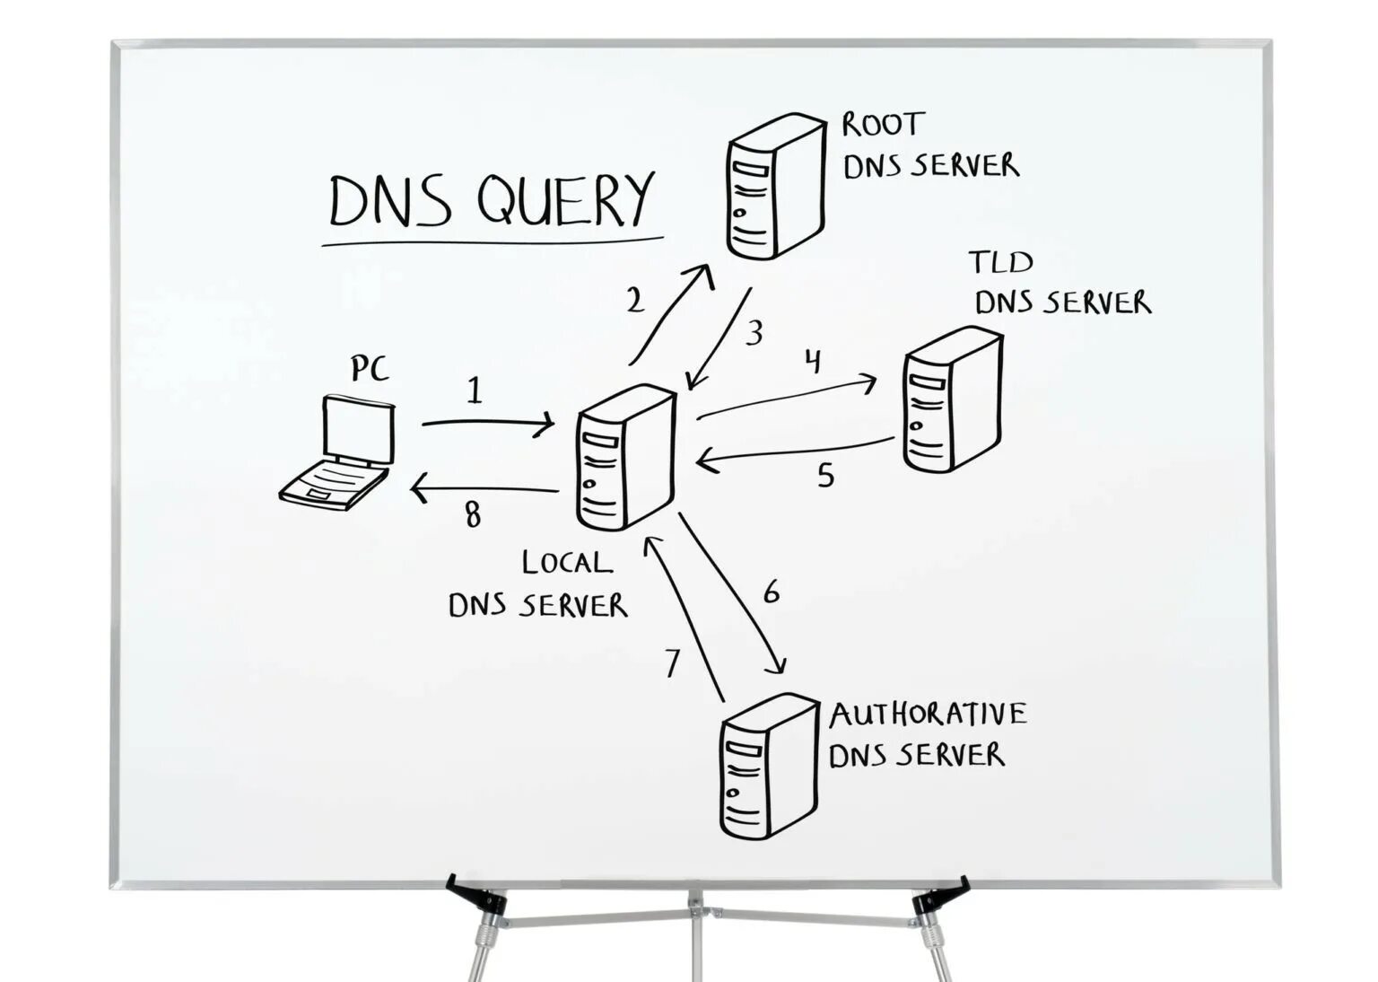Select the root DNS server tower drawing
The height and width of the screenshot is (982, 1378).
775,186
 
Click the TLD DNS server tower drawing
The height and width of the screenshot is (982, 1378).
952,400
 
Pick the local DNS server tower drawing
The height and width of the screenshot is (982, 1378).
625,457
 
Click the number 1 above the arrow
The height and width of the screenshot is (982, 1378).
475,390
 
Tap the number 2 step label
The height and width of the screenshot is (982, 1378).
635,300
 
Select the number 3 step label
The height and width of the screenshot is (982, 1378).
754,333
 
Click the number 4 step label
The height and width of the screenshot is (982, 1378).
813,362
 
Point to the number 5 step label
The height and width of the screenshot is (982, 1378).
825,475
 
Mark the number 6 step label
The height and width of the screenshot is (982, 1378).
772,592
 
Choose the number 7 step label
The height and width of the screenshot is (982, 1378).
673,662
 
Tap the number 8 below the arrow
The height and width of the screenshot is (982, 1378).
473,514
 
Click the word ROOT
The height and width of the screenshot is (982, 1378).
883,125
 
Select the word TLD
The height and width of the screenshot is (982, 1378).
1000,262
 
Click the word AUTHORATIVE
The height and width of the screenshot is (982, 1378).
928,715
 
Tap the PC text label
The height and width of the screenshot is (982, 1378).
370,368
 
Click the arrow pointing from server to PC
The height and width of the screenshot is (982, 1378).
484,490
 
